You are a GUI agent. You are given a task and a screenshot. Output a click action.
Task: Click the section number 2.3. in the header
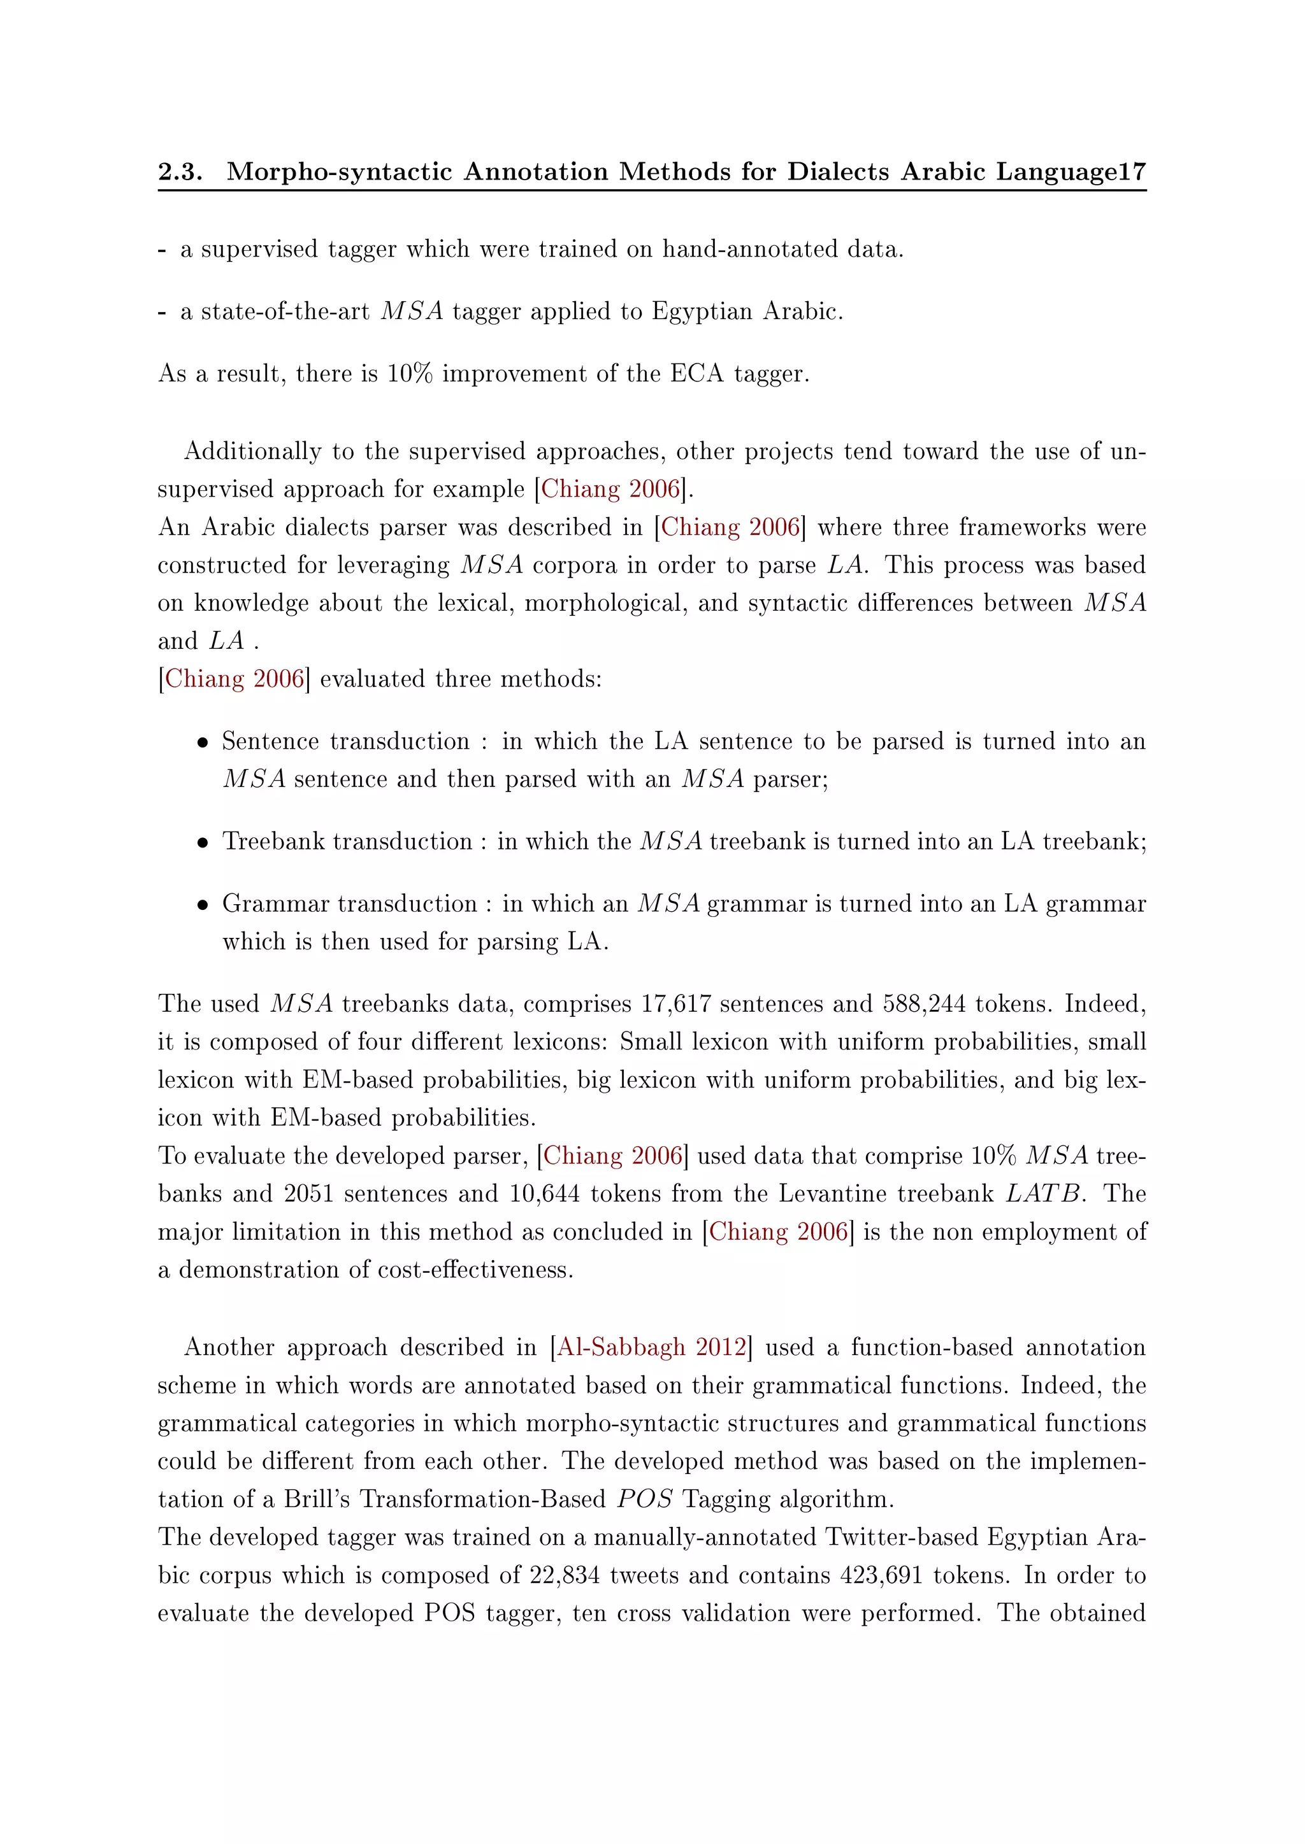click(x=180, y=172)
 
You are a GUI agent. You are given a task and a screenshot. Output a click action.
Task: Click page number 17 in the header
click(x=1132, y=172)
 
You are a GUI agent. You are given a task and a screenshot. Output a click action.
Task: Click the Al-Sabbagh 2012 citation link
click(x=652, y=1347)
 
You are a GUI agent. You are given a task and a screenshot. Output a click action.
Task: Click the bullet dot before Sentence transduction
click(x=203, y=743)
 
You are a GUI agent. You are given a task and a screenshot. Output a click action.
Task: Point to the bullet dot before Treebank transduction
click(x=203, y=843)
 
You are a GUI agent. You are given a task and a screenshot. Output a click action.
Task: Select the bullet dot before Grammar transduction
click(x=203, y=905)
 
